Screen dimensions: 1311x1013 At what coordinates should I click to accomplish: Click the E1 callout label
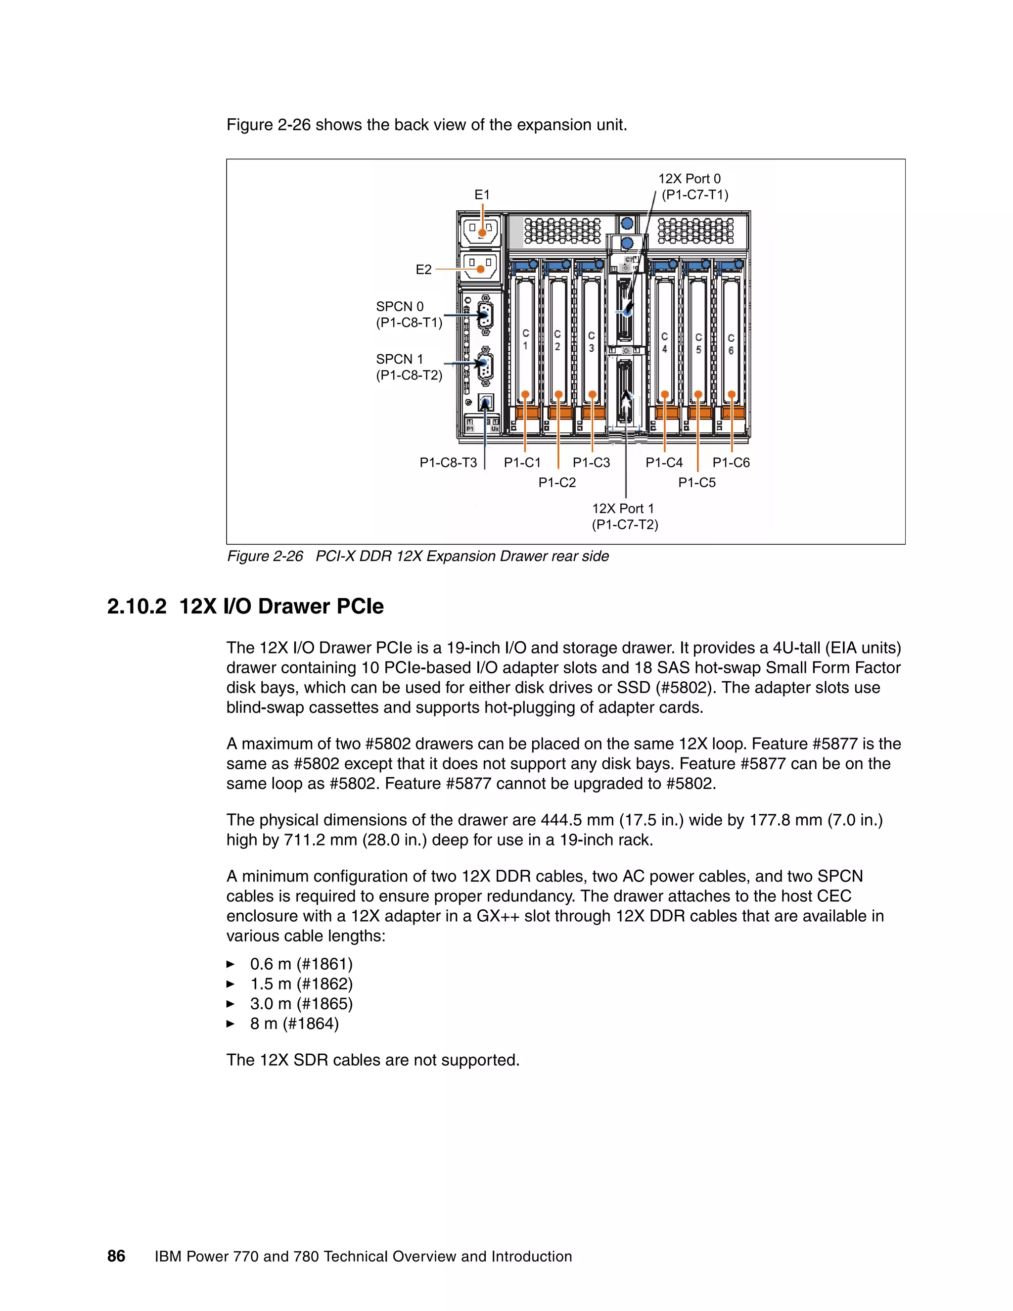482,194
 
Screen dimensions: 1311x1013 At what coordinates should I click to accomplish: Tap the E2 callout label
424,270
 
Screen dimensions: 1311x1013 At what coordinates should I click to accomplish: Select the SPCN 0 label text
400,306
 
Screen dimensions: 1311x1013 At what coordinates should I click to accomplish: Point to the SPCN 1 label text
400,359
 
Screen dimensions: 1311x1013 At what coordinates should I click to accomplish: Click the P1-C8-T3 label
448,462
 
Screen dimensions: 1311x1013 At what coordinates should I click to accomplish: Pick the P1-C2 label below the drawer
557,482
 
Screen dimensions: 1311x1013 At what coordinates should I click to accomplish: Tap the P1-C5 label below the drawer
697,482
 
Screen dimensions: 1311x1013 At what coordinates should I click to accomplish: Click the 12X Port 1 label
623,509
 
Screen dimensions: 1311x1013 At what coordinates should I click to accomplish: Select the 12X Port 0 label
690,179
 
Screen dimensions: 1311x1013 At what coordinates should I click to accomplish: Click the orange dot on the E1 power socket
482,233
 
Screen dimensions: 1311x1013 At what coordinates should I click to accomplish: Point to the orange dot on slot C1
525,394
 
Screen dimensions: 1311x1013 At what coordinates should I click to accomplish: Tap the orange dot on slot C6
732,394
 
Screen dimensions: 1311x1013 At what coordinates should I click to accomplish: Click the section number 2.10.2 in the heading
137,607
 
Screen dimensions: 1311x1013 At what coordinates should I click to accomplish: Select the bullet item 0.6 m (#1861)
301,964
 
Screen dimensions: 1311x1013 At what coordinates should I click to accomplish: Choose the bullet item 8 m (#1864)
294,1024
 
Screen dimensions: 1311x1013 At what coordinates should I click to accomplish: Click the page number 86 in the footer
116,1257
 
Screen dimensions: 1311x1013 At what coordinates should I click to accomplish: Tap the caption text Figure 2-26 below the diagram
265,557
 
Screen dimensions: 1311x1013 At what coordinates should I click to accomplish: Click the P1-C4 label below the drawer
664,462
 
